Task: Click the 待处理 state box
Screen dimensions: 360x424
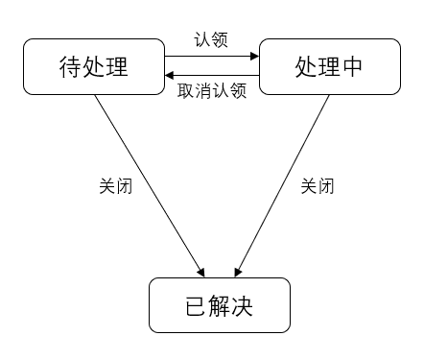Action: click(x=94, y=66)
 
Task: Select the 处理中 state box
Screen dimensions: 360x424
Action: click(x=329, y=66)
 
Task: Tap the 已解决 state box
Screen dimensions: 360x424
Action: click(x=219, y=305)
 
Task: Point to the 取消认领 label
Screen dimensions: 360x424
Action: click(x=212, y=91)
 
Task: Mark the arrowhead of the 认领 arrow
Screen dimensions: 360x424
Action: click(x=255, y=57)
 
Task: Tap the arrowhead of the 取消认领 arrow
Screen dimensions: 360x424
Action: click(x=169, y=75)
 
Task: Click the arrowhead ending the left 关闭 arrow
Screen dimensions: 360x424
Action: click(x=200, y=271)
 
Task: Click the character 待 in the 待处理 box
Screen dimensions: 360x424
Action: click(x=69, y=66)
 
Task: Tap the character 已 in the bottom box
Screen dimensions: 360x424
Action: click(x=194, y=305)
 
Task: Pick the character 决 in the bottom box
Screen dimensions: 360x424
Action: click(x=244, y=305)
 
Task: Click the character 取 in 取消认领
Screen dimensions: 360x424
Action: click(x=187, y=91)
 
